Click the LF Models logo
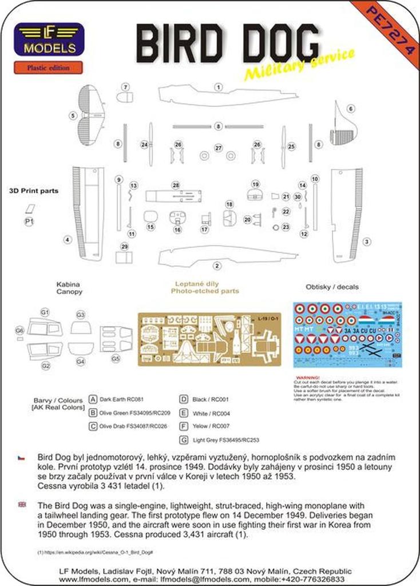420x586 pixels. (x=49, y=39)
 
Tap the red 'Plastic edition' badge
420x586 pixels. (x=49, y=68)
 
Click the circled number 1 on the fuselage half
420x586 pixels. (x=218, y=88)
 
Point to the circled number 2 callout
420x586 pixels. (x=217, y=266)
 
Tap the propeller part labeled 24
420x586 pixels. (x=151, y=144)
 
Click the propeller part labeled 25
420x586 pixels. (x=284, y=146)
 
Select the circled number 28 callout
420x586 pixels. (x=176, y=185)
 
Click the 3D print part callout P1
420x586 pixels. (x=29, y=221)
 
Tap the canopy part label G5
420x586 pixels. (x=116, y=359)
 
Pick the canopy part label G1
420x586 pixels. (x=45, y=311)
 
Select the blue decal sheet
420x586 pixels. (x=347, y=334)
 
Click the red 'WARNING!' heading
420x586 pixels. (x=308, y=378)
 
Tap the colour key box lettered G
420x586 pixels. (x=184, y=439)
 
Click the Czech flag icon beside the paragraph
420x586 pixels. (x=21, y=458)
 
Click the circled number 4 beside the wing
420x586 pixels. (x=68, y=240)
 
